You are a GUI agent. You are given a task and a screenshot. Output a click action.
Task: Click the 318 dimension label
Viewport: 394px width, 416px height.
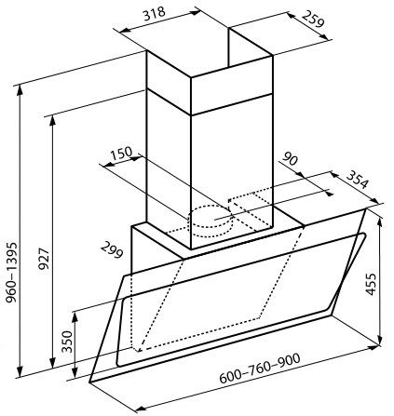pyautogui.click(x=155, y=14)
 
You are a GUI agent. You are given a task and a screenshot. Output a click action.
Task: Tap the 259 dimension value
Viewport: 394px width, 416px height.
pyautogui.click(x=313, y=19)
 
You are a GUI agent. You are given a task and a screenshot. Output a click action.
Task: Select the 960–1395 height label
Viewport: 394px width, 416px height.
pyautogui.click(x=12, y=273)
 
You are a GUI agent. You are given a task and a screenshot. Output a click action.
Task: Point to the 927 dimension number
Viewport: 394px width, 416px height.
pyautogui.click(x=44, y=258)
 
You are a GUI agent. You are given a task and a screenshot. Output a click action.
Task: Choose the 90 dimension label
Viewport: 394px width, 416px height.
pyautogui.click(x=290, y=159)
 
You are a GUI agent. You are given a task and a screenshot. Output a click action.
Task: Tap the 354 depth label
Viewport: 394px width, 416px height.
pyautogui.click(x=357, y=180)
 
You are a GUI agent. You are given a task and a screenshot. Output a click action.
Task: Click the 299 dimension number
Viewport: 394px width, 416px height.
pyautogui.click(x=112, y=250)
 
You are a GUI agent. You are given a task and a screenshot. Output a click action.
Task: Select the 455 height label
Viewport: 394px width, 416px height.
pyautogui.click(x=371, y=284)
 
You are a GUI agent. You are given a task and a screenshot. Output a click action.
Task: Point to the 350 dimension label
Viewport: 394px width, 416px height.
pyautogui.click(x=67, y=342)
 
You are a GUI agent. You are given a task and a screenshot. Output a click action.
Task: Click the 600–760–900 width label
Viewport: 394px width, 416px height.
pyautogui.click(x=260, y=369)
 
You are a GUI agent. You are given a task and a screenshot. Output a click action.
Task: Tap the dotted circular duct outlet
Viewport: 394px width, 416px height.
pyautogui.click(x=211, y=221)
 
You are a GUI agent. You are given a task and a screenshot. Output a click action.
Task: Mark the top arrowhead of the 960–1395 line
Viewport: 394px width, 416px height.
pyautogui.click(x=20, y=89)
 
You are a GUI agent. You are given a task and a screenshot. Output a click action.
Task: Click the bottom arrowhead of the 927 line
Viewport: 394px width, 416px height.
pyautogui.click(x=53, y=363)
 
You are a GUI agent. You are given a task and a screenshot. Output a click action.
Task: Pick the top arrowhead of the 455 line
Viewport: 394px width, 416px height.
pyautogui.click(x=380, y=223)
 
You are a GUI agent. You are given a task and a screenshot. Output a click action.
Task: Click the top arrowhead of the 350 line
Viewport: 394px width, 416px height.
pyautogui.click(x=75, y=317)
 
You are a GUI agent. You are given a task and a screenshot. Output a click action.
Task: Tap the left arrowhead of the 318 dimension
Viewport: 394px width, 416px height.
pyautogui.click(x=125, y=30)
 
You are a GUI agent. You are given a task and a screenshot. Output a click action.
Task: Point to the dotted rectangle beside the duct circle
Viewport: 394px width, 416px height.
pyautogui.click(x=251, y=211)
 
